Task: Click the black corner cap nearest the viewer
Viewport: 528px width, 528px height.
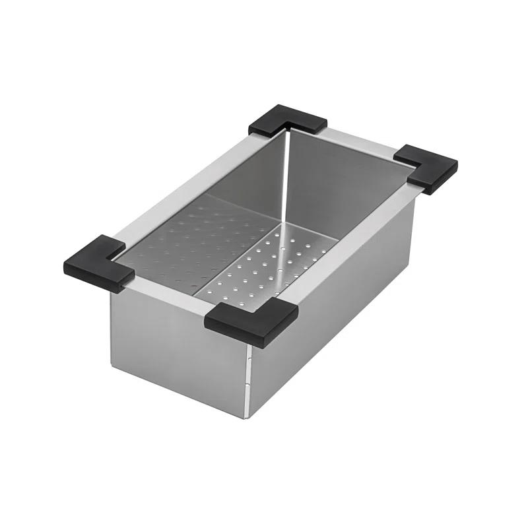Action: point(251,321)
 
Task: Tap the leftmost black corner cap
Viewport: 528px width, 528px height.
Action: point(95,264)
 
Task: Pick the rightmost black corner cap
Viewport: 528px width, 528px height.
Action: point(427,168)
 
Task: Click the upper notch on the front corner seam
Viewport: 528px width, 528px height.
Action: point(249,360)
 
